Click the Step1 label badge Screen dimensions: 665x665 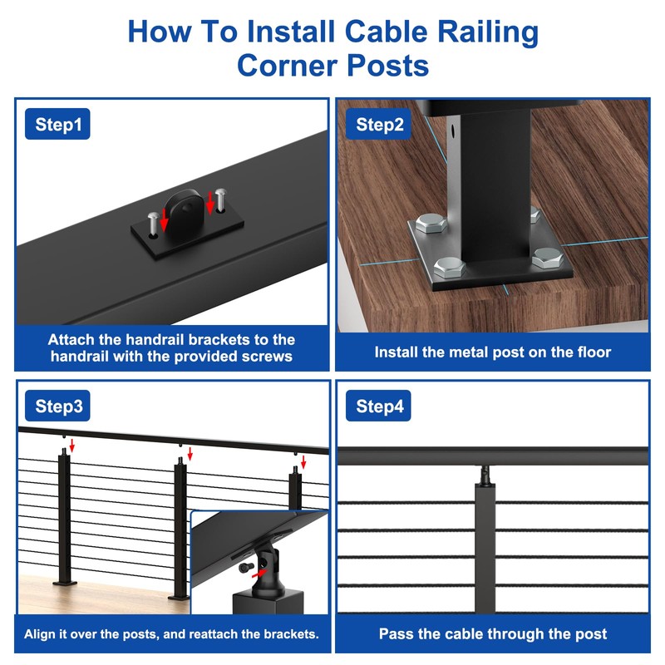pos(58,125)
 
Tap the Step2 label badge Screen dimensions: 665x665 pos(380,125)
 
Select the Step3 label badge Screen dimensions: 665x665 pos(58,406)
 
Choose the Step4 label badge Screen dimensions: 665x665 pos(380,406)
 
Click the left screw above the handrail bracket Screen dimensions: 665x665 pos(152,223)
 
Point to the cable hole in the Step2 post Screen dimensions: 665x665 pos(454,131)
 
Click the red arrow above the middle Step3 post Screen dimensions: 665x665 pos(190,454)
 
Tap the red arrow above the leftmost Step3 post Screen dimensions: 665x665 pos(73,447)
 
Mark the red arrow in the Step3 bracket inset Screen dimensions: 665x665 pos(263,573)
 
